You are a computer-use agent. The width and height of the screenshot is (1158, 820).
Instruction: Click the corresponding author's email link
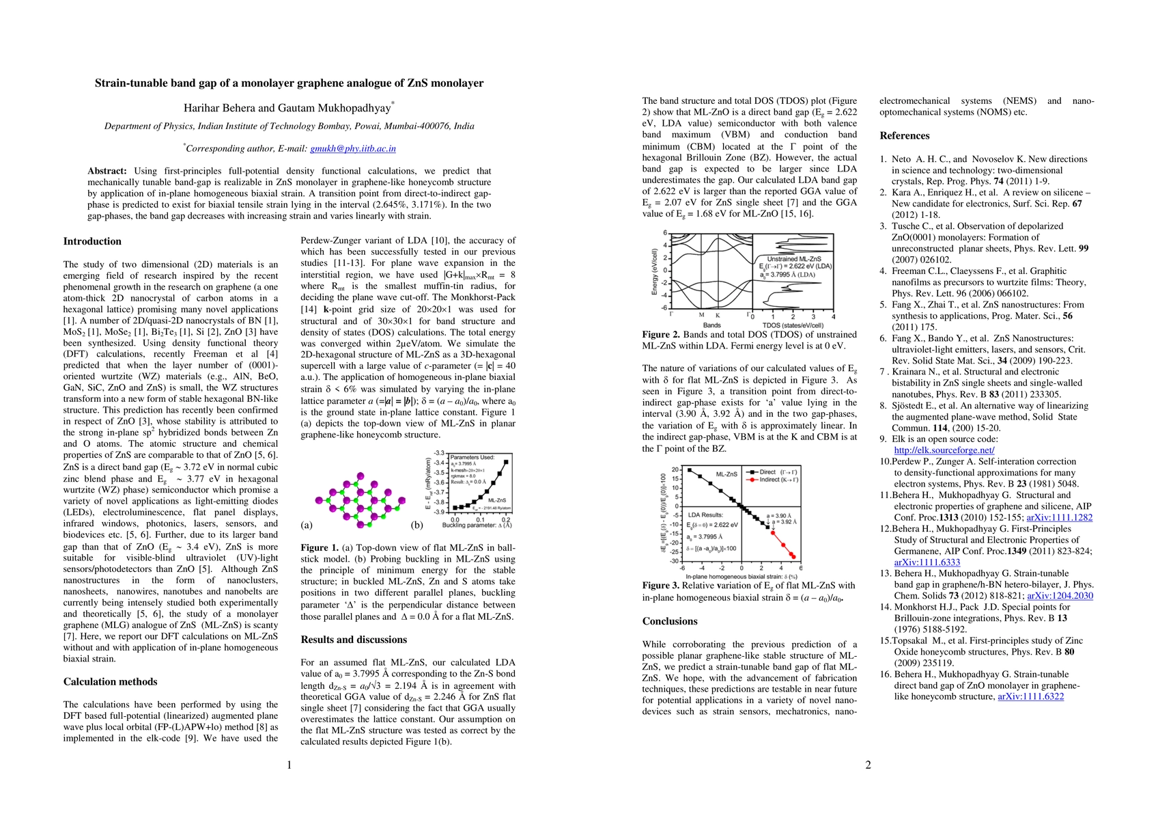(353, 148)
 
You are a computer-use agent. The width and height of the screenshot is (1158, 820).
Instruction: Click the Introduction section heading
(92, 241)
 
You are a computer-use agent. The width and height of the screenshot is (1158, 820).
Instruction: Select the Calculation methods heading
(110, 681)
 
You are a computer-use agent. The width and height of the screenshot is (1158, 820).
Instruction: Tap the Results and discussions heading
(354, 640)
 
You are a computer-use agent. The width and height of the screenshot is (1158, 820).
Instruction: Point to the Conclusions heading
(670, 621)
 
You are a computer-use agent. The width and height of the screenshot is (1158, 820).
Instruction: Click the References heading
(904, 135)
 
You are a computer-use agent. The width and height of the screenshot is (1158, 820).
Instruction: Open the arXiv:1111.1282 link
(1059, 517)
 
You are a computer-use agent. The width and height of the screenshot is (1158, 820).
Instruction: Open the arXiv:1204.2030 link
(1059, 596)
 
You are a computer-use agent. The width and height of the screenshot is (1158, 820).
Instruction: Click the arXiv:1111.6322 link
(1030, 696)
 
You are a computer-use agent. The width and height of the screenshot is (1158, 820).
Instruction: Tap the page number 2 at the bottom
(868, 765)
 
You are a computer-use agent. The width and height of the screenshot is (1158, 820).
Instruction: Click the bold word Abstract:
(107, 171)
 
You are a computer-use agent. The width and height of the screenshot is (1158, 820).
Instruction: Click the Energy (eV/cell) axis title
(655, 272)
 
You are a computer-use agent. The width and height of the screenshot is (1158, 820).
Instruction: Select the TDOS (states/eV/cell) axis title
(792, 326)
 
